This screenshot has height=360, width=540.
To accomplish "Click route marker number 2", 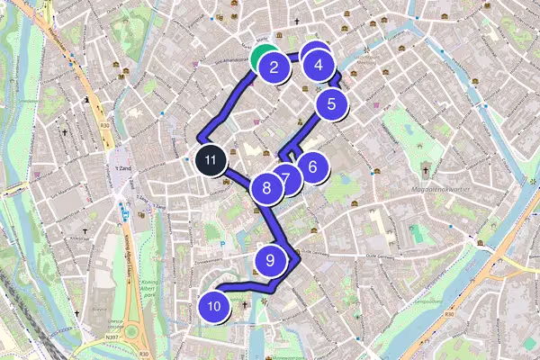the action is tap(273, 66).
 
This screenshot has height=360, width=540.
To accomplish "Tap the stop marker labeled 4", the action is tap(318, 65).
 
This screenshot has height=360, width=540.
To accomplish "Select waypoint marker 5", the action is tap(331, 103).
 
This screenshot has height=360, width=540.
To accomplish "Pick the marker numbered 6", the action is tap(312, 166).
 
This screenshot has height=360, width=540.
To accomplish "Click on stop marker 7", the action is tap(285, 177).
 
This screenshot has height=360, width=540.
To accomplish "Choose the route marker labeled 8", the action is tap(266, 188).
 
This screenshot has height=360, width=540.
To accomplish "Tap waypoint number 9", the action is tap(270, 260).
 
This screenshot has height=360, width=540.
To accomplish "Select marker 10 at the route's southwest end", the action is tap(213, 307).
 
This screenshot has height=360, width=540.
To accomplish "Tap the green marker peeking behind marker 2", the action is tap(262, 55).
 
